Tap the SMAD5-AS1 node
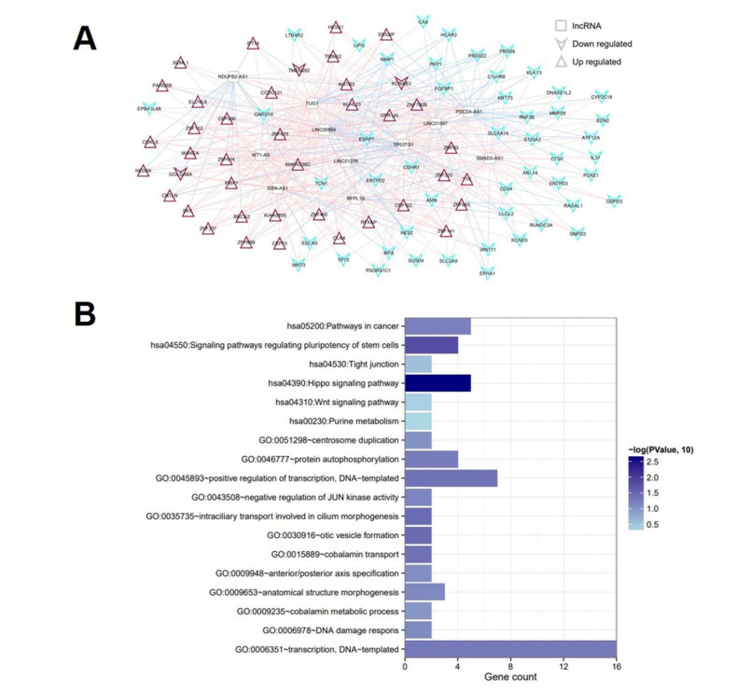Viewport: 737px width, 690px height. click(x=491, y=159)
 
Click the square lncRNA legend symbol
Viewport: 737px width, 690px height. click(x=561, y=27)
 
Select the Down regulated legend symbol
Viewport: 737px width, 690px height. click(x=561, y=44)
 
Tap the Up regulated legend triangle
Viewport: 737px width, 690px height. click(x=561, y=62)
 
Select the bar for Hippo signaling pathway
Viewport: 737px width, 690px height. click(x=438, y=382)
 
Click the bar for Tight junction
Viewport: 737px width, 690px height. click(x=418, y=364)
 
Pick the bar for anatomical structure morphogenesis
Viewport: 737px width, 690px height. click(x=424, y=592)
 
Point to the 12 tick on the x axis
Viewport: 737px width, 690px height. click(x=563, y=667)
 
